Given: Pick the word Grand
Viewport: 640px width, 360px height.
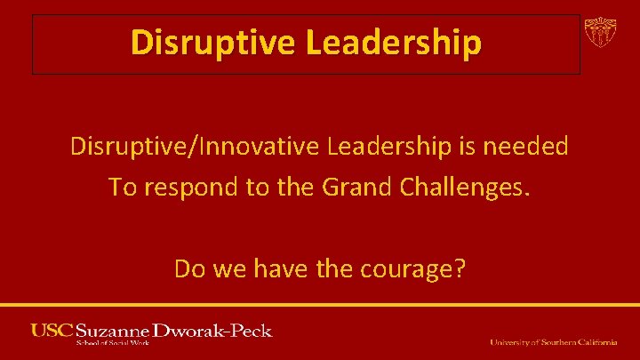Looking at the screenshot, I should (344, 188).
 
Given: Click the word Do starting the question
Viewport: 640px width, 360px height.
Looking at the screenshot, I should (188, 268).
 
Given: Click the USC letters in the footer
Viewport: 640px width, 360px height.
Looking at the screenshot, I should (52, 331).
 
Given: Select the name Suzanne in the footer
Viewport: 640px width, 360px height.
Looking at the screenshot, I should (113, 331).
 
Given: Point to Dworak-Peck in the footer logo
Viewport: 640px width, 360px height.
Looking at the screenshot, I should (213, 331).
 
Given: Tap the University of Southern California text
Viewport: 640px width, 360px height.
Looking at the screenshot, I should (553, 342).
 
